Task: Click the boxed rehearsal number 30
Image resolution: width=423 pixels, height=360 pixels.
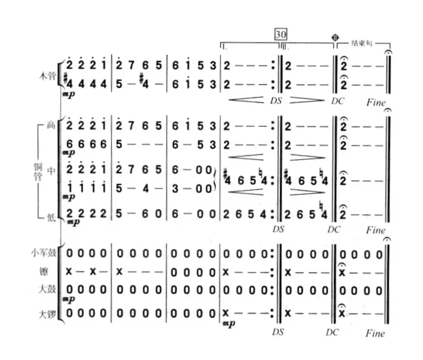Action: point(280,34)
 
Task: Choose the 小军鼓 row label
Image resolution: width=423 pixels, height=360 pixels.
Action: point(43,252)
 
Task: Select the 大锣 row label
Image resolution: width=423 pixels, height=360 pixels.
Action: point(46,315)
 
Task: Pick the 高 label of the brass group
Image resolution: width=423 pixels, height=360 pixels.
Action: point(50,126)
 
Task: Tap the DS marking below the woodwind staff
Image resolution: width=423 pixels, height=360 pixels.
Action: point(276,100)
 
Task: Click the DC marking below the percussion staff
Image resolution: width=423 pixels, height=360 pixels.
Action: point(333,332)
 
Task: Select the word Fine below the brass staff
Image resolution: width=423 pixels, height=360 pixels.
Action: point(376,230)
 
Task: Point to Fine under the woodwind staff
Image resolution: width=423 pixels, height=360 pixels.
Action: point(376,102)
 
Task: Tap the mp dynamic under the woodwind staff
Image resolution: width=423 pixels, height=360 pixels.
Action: point(69,94)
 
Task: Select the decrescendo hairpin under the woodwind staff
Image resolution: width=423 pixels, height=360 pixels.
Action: point(307,100)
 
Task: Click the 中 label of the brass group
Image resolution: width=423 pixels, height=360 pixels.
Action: point(50,171)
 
